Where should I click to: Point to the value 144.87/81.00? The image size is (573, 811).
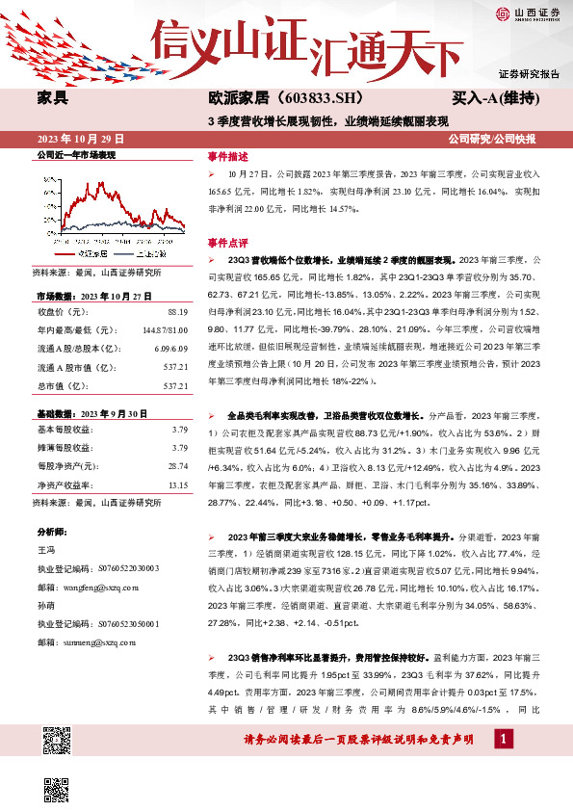pyautogui.click(x=165, y=330)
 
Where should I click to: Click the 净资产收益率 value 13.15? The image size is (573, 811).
pyautogui.click(x=177, y=485)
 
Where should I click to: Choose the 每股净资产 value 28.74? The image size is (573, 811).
pyautogui.click(x=177, y=466)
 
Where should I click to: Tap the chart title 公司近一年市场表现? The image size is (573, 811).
pyautogui.click(x=75, y=154)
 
